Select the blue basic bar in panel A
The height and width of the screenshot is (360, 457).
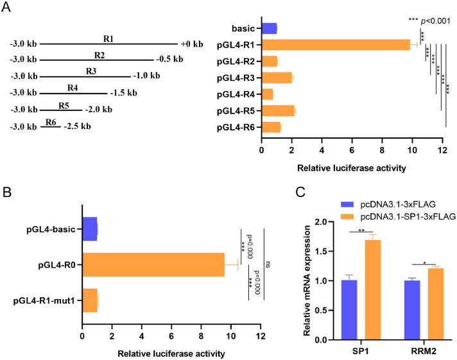point(269,28)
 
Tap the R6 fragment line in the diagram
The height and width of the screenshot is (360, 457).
point(51,126)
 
